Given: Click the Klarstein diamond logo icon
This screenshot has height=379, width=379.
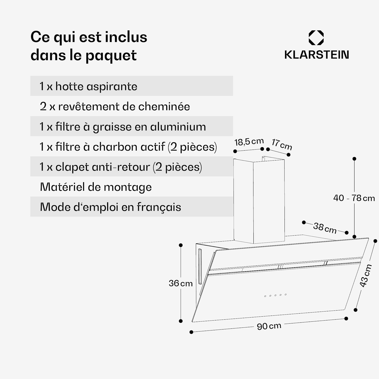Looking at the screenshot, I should [316, 38].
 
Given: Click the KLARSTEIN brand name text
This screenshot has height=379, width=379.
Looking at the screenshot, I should [317, 55].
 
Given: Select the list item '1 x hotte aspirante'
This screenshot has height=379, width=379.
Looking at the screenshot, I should [88, 86].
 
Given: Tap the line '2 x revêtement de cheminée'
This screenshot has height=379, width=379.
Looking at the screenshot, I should [115, 106].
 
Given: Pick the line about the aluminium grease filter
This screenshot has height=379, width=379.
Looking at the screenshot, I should [123, 127].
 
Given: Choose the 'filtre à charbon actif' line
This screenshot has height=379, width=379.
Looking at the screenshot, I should [128, 147].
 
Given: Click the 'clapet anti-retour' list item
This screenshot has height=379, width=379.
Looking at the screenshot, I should [121, 167].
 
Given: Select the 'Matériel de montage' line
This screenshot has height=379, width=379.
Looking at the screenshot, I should [96, 187].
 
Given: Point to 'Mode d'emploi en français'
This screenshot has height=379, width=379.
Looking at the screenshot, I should [110, 207].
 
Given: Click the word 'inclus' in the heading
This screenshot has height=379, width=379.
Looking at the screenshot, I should [126, 37].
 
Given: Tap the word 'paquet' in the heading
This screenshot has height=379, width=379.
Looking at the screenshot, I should [111, 55].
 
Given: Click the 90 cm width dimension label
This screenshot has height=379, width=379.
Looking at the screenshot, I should [269, 326].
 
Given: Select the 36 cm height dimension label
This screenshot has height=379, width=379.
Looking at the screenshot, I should [181, 283].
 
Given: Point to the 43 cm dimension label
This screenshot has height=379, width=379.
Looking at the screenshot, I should [365, 276].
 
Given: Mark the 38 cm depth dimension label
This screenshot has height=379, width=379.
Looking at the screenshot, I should [325, 228].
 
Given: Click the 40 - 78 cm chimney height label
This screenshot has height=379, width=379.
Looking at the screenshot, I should [354, 198].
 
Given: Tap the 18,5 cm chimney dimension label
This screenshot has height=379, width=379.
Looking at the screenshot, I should [249, 142].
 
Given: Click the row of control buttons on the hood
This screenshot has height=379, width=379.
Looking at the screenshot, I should [275, 295].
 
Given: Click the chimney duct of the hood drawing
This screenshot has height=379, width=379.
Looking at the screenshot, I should [259, 200].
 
